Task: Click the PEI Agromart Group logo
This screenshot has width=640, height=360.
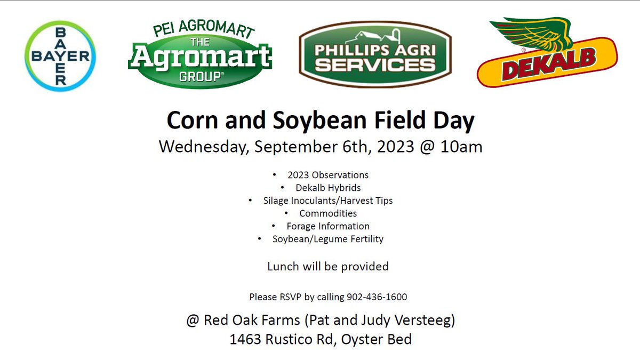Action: coord(200,53)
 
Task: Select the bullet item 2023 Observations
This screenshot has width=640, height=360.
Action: coord(327,175)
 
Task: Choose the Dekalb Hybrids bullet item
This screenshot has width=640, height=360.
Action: coord(328,188)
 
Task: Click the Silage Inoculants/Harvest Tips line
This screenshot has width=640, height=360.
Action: coord(327,201)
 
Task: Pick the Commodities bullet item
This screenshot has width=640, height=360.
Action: coord(328,213)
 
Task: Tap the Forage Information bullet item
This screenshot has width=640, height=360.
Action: coord(328,226)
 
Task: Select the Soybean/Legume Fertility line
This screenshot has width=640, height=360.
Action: coord(327,239)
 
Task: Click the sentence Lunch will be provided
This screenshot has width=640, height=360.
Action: coord(327,266)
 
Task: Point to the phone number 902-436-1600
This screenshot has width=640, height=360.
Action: coord(377,297)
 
